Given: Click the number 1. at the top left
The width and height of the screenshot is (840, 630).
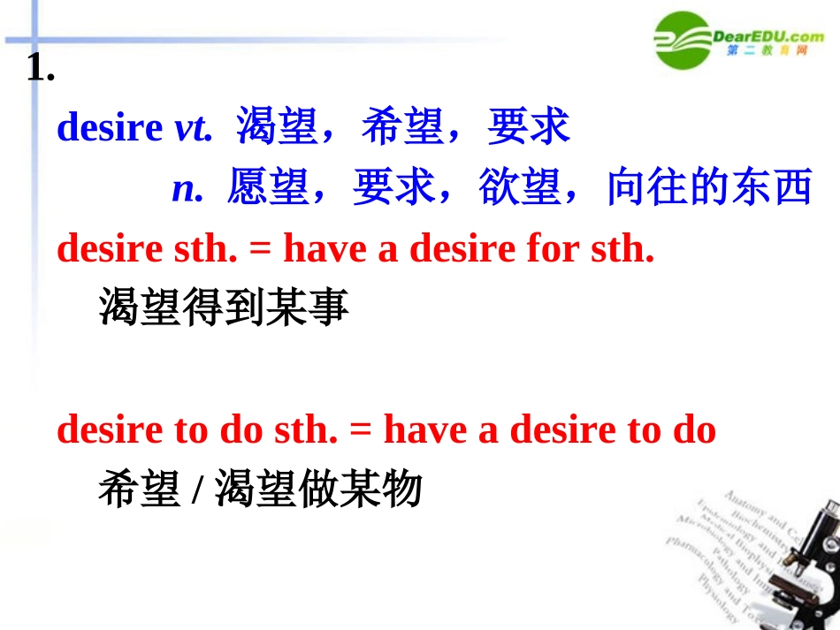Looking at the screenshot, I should (42, 68).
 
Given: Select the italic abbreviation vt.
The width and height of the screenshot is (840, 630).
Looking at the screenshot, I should (194, 129).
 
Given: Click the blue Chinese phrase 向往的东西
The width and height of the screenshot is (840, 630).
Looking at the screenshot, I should (709, 189).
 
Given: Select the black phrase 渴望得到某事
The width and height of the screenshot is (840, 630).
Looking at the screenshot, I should (224, 308).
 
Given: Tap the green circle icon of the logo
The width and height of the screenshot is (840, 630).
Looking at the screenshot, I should (683, 40).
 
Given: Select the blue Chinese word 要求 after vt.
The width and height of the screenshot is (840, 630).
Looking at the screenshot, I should (529, 129).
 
